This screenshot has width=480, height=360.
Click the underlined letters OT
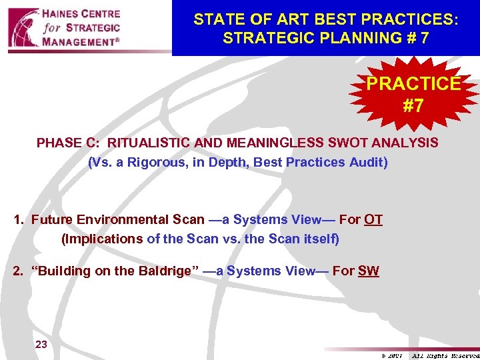pyautogui.click(x=373, y=219)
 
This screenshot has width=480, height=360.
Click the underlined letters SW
pyautogui.click(x=369, y=271)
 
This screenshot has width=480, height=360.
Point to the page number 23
pyautogui.click(x=41, y=344)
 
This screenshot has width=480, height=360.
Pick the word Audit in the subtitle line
pyautogui.click(x=367, y=162)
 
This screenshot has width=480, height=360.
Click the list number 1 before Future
pyautogui.click(x=18, y=219)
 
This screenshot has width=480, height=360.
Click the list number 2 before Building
pyautogui.click(x=18, y=271)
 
